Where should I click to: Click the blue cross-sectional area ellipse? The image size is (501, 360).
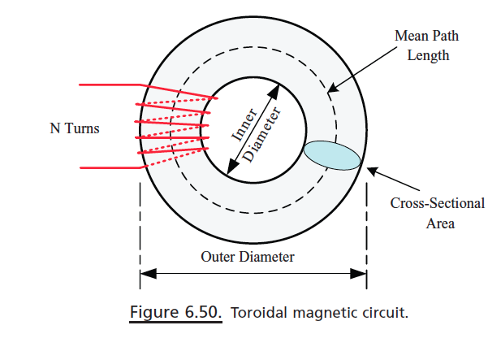click(331, 154)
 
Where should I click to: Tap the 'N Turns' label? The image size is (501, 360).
click(75, 128)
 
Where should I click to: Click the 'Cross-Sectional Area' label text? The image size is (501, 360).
click(437, 213)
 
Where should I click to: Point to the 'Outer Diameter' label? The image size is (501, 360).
click(248, 257)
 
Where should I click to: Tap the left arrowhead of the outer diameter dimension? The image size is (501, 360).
click(148, 275)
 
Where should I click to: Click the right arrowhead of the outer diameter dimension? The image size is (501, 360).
click(360, 275)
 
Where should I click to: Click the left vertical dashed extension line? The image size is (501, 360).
click(140, 236)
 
